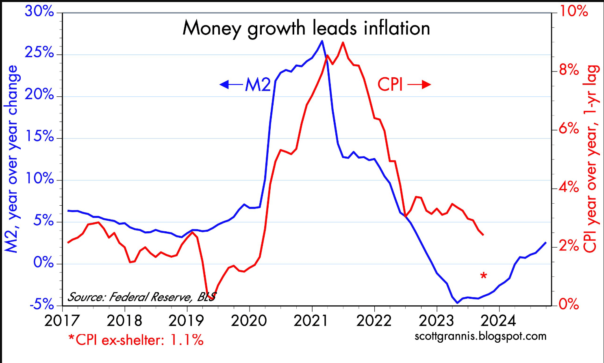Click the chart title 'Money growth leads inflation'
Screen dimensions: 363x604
click(306, 28)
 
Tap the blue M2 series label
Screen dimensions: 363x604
click(258, 85)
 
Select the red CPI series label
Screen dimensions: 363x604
click(390, 85)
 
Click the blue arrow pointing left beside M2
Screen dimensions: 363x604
click(231, 85)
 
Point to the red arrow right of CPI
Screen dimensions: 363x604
click(419, 85)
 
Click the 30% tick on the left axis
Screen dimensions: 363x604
click(39, 11)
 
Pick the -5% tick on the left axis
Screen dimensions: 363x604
click(42, 304)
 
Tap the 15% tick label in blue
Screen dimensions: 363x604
click(40, 137)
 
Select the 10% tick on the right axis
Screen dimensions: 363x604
click(574, 11)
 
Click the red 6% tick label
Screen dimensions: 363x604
click(569, 129)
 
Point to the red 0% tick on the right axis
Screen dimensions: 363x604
click(569, 304)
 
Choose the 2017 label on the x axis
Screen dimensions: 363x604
click(62, 321)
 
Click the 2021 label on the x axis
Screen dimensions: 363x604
click(311, 321)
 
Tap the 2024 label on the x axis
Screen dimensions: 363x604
click(498, 321)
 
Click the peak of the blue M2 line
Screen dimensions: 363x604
click(322, 41)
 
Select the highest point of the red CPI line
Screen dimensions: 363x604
click(343, 42)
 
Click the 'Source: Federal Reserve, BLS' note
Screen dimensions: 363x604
click(141, 297)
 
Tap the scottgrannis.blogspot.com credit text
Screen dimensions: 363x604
click(480, 336)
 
